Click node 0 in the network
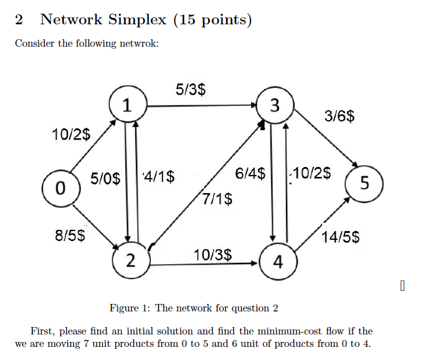point(59,187)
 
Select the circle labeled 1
point(127,105)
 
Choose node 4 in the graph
point(277,262)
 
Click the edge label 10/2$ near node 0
point(70,133)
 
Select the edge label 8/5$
point(70,235)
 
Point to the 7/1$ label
point(218,199)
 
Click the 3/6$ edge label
point(340,116)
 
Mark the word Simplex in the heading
point(138,20)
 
